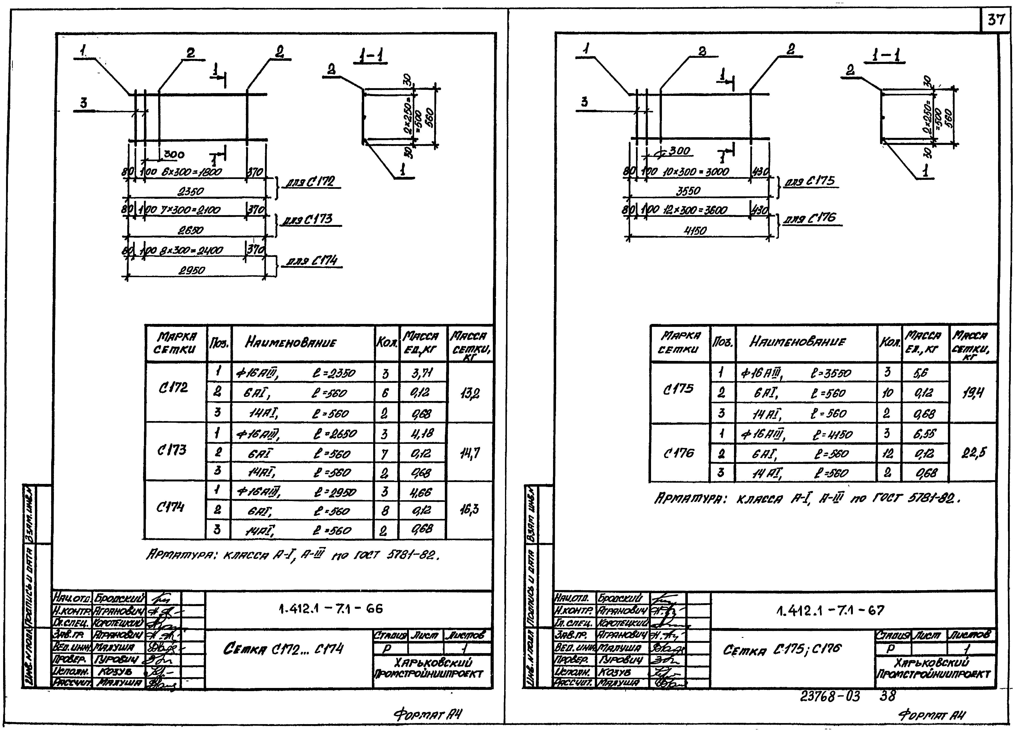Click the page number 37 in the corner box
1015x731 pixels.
pos(996,20)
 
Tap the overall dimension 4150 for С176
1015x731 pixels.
pos(695,230)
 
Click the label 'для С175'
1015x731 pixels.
pos(810,181)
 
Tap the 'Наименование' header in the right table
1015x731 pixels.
pos(797,342)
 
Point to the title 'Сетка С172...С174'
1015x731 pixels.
pos(283,649)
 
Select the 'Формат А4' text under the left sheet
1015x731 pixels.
pos(427,715)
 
